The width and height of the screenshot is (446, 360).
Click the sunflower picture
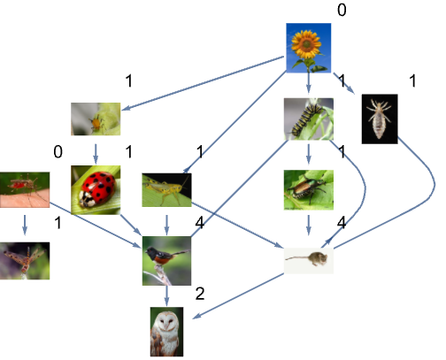[309, 48]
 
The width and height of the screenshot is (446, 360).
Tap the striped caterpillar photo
[309, 119]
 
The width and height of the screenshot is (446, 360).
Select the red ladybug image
[96, 190]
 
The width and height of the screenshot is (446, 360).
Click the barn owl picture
[166, 332]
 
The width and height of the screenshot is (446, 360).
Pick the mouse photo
[309, 261]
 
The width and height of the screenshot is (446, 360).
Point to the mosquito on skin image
[25, 190]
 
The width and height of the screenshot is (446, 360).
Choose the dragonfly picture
[25, 261]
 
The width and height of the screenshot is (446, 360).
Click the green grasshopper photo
[166, 190]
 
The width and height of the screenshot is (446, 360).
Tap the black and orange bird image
[166, 261]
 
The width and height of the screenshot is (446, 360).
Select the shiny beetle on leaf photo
[309, 190]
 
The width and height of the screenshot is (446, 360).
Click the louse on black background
[380, 119]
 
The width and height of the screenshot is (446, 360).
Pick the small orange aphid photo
[96, 119]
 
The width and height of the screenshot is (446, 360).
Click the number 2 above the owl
[200, 294]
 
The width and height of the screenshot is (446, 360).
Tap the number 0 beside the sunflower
[342, 10]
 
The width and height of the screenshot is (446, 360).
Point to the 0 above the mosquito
[58, 152]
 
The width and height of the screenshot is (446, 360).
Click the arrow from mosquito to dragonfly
[25, 225]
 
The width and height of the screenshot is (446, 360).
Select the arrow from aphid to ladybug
[96, 154]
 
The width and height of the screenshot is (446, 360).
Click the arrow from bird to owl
[166, 295]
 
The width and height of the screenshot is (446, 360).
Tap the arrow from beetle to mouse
[309, 225]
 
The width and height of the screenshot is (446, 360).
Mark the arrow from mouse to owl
[238, 296]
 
